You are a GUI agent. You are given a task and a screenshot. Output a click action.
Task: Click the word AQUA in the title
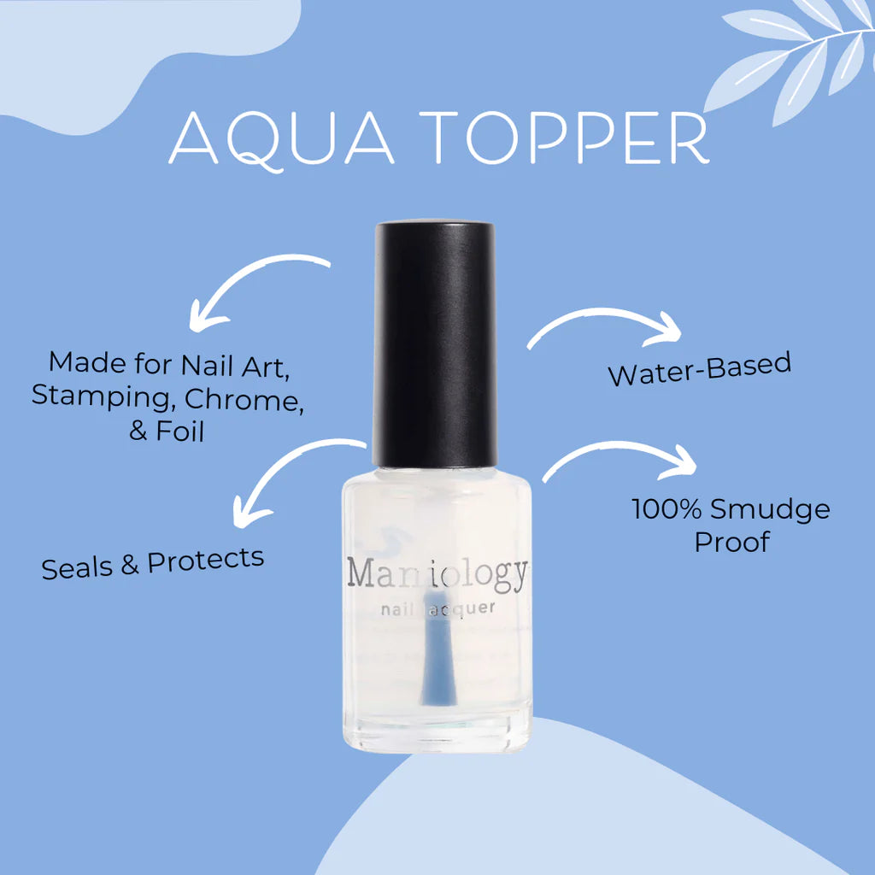pyautogui.click(x=282, y=137)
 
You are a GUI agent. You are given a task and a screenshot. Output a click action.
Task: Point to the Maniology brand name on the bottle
pyautogui.click(x=437, y=573)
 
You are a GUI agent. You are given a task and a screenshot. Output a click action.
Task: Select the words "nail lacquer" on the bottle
pyautogui.click(x=437, y=609)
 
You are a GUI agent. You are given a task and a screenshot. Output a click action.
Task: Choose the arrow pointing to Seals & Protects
pyautogui.click(x=291, y=474)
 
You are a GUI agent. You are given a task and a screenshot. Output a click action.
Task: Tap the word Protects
pyautogui.click(x=205, y=561)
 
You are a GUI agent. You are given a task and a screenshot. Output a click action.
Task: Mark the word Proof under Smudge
pyautogui.click(x=731, y=542)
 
